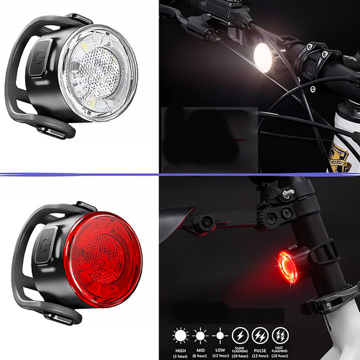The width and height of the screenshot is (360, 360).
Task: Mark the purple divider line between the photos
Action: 180,174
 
